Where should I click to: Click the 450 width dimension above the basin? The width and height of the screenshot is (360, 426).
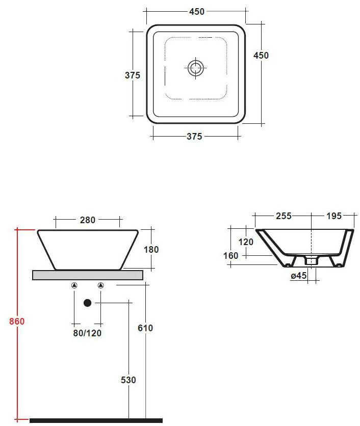click(196, 12)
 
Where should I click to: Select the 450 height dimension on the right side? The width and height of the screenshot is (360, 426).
click(261, 56)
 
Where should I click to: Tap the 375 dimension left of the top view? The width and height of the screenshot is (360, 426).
click(133, 75)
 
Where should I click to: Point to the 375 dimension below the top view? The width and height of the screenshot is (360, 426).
click(194, 136)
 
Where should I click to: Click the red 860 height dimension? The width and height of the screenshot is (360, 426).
click(17, 322)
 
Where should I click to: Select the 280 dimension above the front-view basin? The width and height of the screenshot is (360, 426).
click(88, 220)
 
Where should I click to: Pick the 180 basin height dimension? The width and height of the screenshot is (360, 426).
click(151, 250)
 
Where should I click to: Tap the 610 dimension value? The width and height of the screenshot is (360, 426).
click(146, 328)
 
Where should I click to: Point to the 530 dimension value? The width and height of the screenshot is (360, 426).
click(128, 380)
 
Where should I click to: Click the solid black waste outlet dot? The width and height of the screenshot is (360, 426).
click(87, 303)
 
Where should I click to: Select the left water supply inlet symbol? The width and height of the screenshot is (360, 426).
click(74, 286)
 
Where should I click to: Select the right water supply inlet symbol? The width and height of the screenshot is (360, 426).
click(100, 286)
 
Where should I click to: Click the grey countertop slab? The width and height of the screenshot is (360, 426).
click(87, 275)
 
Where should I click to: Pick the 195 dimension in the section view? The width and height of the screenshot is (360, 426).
click(333, 216)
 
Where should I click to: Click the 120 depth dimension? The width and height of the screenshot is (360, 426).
click(246, 242)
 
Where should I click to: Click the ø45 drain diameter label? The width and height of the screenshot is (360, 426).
click(298, 276)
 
